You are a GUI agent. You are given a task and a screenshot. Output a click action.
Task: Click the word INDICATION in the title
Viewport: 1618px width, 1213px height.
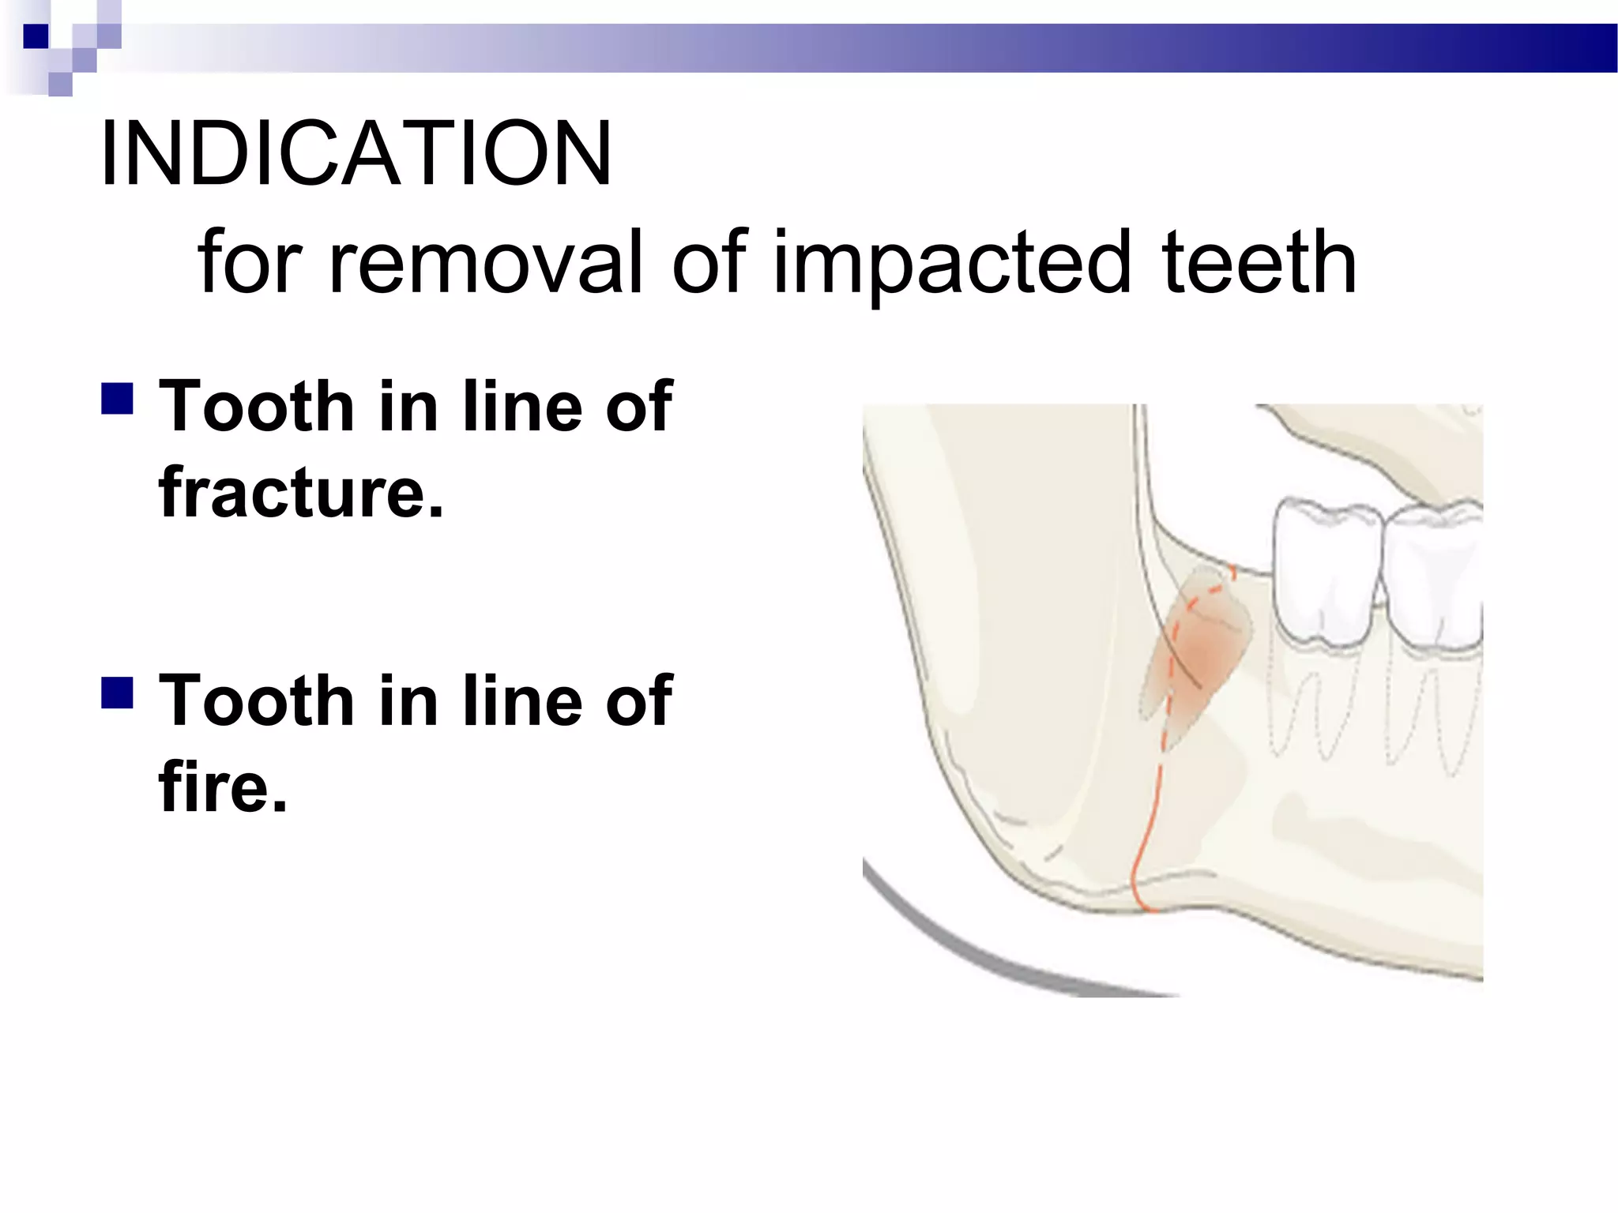pyautogui.click(x=356, y=153)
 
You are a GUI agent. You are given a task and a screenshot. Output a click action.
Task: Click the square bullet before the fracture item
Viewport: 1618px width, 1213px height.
pyautogui.click(x=117, y=400)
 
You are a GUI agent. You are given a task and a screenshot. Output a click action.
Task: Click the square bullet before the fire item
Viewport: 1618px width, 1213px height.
pyautogui.click(x=117, y=693)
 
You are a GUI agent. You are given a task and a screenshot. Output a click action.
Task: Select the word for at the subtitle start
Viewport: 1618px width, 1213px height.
pyautogui.click(x=250, y=262)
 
